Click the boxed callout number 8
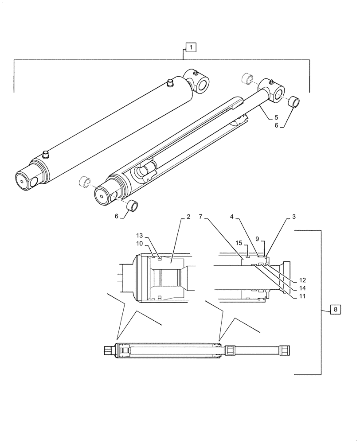(x=336, y=310)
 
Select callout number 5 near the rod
(x=276, y=117)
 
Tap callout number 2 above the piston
(x=188, y=217)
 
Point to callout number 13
(x=140, y=235)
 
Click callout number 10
(x=140, y=243)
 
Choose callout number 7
(x=201, y=217)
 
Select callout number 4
(x=232, y=217)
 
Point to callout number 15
(x=238, y=243)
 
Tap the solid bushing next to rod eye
(x=293, y=102)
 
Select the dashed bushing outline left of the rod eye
(x=247, y=80)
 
